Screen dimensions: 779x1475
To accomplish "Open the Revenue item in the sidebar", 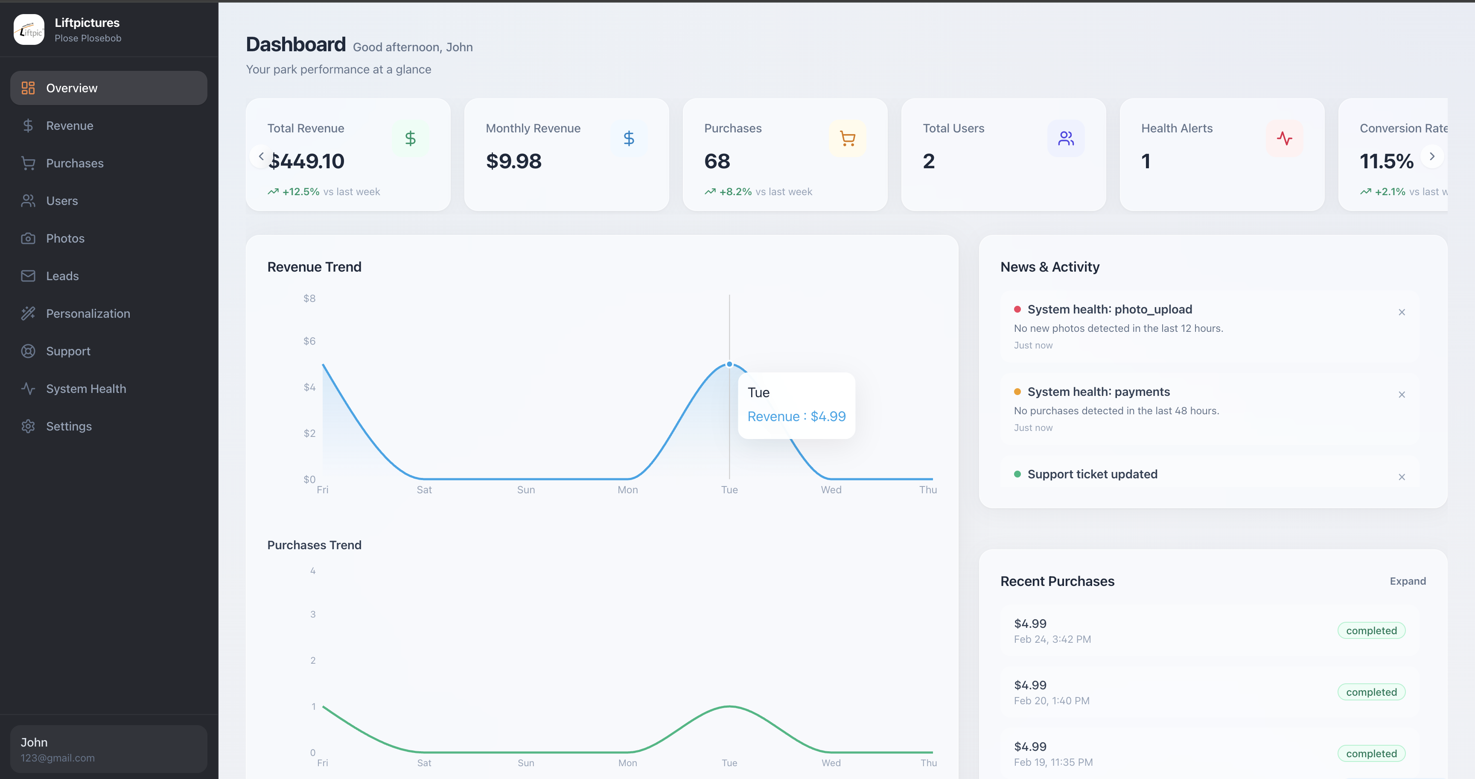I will click(69, 126).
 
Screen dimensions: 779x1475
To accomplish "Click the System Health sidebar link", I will click(86, 388).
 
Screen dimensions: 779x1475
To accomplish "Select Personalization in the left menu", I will click(87, 313).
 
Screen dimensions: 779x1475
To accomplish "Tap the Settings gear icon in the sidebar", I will click(28, 426).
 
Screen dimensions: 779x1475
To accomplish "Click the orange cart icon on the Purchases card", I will click(847, 138).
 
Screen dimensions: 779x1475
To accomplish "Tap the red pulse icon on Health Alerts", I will click(1284, 138).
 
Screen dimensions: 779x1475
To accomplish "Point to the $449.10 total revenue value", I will click(307, 161).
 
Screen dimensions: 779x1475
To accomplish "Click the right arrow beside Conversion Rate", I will click(1431, 156).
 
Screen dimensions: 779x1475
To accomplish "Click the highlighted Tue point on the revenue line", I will click(729, 364).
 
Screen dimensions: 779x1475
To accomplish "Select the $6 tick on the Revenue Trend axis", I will click(309, 341).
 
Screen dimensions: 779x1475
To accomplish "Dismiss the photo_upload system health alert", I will click(1401, 312).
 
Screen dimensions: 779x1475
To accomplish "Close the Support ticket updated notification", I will click(1401, 477).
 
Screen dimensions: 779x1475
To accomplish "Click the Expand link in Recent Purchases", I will click(1407, 581).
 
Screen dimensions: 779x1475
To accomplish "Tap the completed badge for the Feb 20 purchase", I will click(1371, 692).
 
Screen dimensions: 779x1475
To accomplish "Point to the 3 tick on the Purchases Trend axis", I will click(313, 614).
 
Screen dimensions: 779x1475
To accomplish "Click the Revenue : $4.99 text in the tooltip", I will click(796, 416).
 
